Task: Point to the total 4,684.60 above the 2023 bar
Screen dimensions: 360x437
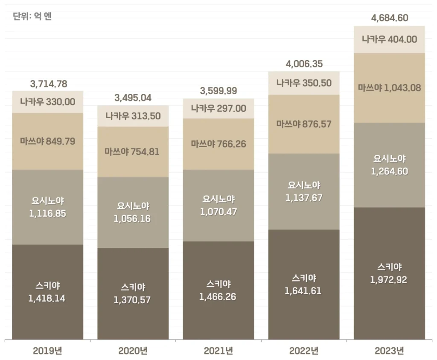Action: (x=390, y=18)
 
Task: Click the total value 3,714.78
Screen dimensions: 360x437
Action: (x=49, y=84)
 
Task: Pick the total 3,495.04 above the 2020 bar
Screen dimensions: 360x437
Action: (x=133, y=98)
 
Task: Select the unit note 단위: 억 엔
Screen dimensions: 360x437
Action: (x=32, y=17)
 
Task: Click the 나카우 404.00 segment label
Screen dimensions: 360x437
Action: (x=389, y=39)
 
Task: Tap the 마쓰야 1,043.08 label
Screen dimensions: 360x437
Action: (x=389, y=88)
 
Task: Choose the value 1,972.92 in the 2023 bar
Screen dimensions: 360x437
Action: (x=389, y=280)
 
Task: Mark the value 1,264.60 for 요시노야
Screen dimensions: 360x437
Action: (x=389, y=171)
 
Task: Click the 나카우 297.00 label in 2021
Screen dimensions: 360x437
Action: (x=218, y=108)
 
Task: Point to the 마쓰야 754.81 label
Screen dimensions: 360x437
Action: (x=133, y=151)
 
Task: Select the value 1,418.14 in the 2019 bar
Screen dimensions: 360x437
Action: (x=47, y=298)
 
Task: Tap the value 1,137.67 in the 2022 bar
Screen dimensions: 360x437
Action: (x=303, y=198)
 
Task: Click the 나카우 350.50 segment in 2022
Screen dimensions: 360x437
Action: (x=304, y=83)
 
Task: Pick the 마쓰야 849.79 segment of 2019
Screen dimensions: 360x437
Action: (x=47, y=141)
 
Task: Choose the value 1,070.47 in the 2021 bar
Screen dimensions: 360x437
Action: (x=218, y=212)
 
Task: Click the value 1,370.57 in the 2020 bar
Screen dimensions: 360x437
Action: (x=132, y=300)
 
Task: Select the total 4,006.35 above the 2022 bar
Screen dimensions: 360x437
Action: (x=304, y=64)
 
